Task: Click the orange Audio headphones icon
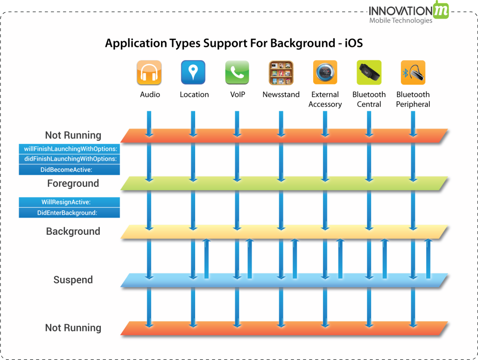[x=149, y=72]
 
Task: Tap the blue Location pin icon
[x=193, y=72]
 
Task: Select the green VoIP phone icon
[x=237, y=72]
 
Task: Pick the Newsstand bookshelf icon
[x=281, y=72]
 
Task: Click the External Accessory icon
[x=325, y=72]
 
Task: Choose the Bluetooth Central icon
[x=369, y=72]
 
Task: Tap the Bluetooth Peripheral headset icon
[x=413, y=72]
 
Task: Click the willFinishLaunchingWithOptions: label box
[x=70, y=149]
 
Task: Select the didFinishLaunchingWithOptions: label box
[x=70, y=159]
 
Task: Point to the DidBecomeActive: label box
[x=70, y=169]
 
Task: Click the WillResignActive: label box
[x=70, y=202]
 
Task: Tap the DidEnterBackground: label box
[x=70, y=212]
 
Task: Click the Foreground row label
[x=73, y=184]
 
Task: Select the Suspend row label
[x=73, y=280]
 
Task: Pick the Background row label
[x=73, y=232]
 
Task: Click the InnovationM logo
[x=408, y=13]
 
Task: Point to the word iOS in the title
[x=353, y=44]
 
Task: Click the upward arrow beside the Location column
[x=206, y=259]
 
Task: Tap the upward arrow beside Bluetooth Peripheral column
[x=428, y=259]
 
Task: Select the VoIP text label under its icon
[x=237, y=95]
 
